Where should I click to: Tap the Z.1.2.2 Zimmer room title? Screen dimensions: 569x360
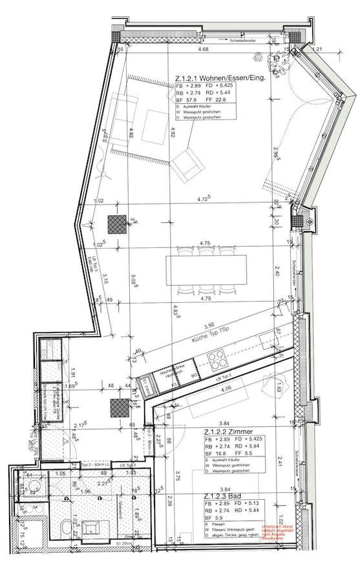coord(227,431)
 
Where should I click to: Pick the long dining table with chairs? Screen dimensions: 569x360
coord(206,267)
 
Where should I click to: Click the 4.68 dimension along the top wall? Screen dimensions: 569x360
coord(203,49)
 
